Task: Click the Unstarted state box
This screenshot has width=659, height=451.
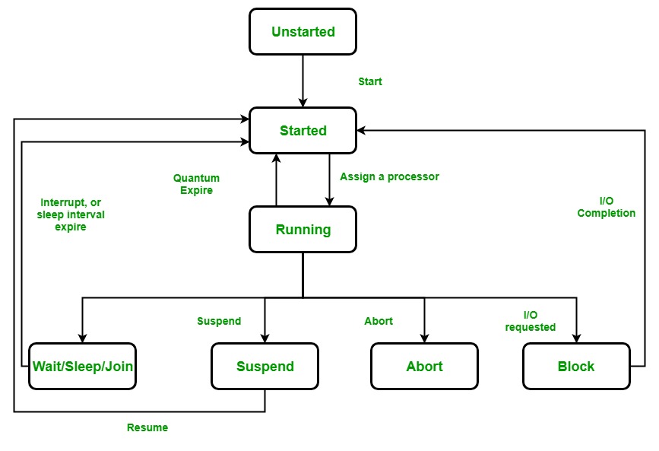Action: tap(303, 31)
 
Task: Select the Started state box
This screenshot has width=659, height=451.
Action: tap(303, 130)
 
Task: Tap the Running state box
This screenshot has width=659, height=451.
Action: tap(303, 229)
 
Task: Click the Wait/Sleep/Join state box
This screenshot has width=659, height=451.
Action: tap(83, 366)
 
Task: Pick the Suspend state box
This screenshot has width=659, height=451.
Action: tap(265, 366)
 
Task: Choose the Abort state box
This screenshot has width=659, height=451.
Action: tap(424, 366)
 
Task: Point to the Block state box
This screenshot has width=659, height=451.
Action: tap(576, 366)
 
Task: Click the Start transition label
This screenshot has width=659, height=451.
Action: tap(370, 81)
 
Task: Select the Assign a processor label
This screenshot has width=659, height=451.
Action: tap(389, 176)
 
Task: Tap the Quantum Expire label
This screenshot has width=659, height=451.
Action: tap(196, 185)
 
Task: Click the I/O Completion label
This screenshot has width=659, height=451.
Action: tap(606, 207)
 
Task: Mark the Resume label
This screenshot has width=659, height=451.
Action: tap(147, 427)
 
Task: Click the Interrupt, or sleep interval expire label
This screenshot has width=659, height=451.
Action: tap(72, 214)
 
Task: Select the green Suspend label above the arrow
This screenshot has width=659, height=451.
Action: tap(219, 321)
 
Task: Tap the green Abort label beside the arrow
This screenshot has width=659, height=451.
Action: tap(379, 321)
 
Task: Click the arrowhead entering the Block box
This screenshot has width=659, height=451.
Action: tap(576, 338)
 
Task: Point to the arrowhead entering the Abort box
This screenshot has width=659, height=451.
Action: tap(424, 338)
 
